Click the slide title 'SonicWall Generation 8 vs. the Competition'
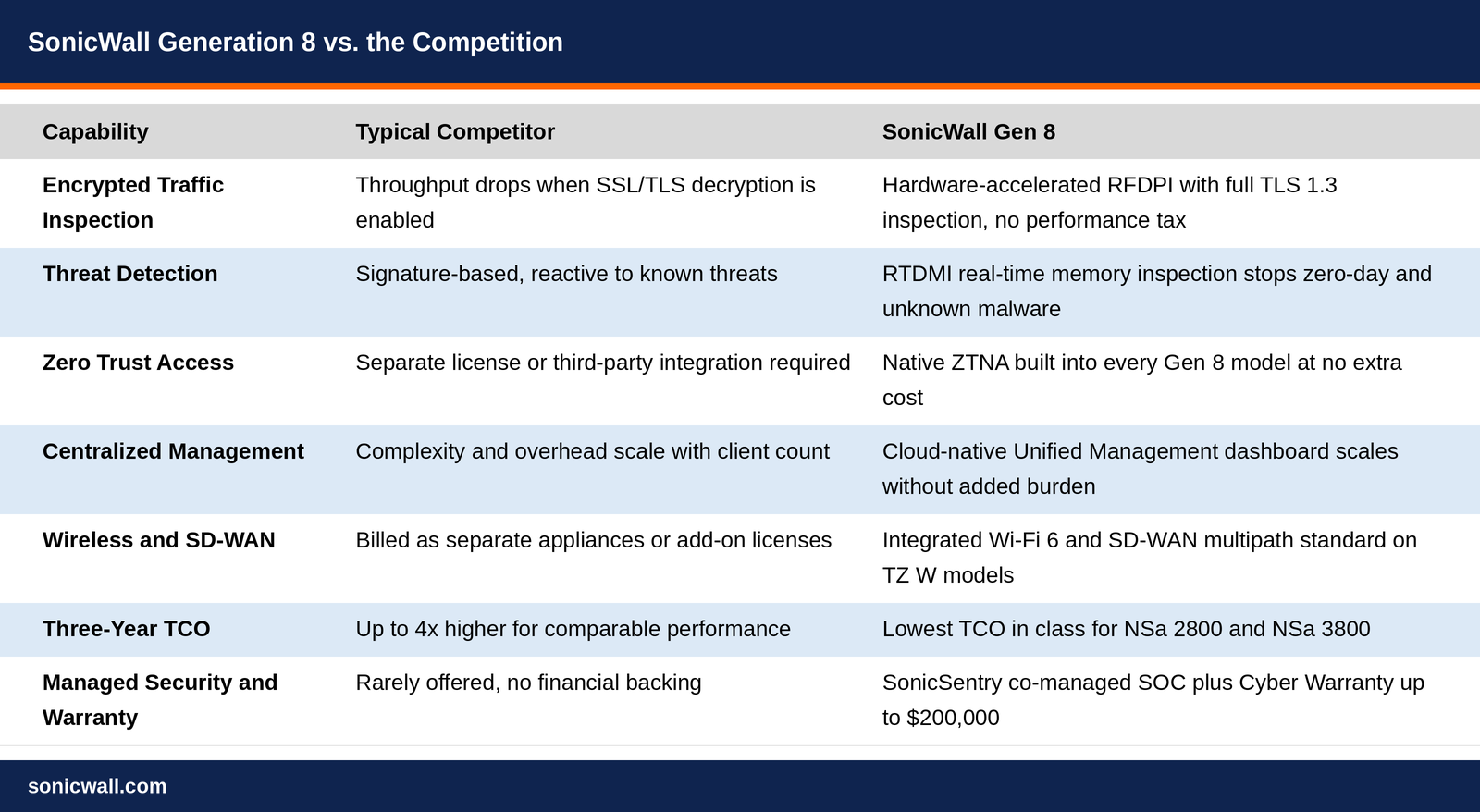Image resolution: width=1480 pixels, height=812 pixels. tap(295, 43)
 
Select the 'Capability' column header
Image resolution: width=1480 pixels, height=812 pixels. tap(95, 131)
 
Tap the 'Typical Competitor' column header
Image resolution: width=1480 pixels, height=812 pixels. tap(455, 131)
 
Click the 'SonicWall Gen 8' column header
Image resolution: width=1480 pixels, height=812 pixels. tap(968, 131)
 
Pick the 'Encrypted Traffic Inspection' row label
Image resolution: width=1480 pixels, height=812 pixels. tap(133, 203)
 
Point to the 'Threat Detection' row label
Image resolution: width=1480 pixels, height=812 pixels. tap(130, 274)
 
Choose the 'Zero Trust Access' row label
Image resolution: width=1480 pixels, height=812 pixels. tap(138, 362)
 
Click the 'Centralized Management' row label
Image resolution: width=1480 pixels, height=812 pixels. tap(173, 451)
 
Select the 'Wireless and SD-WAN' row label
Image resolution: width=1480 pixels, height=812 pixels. tap(158, 540)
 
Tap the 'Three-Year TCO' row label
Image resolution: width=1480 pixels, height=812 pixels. tap(126, 628)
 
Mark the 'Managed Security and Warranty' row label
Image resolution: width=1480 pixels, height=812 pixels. tap(160, 700)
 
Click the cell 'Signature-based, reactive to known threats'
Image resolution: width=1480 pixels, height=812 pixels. tap(566, 274)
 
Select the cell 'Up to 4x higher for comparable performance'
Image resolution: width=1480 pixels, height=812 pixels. tap(573, 629)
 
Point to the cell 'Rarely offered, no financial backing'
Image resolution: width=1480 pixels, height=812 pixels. tap(528, 683)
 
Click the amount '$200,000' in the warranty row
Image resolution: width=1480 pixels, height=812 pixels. tap(953, 718)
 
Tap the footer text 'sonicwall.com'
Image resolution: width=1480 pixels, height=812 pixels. tap(97, 786)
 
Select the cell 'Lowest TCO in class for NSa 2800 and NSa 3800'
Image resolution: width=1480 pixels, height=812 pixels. tap(1127, 628)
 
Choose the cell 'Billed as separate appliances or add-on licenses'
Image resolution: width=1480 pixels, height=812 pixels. tap(593, 540)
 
